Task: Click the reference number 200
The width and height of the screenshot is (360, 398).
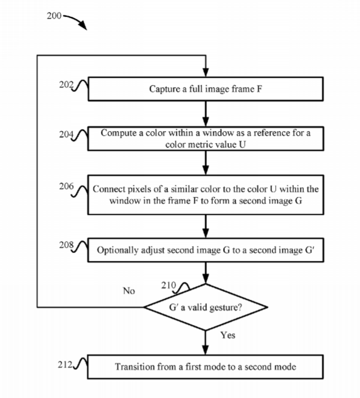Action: [x=54, y=16]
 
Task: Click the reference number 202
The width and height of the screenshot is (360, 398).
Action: [x=66, y=84]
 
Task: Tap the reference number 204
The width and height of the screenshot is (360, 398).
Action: [x=66, y=134]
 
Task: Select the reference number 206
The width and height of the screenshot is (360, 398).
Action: [x=66, y=186]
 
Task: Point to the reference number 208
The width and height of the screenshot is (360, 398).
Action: [x=66, y=245]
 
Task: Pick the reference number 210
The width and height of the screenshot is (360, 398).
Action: [x=169, y=285]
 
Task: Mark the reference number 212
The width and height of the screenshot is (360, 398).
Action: [x=65, y=364]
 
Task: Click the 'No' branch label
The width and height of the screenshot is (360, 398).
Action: [x=129, y=291]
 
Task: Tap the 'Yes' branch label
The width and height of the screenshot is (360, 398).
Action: [x=228, y=335]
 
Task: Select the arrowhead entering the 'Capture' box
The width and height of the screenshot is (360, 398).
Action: [x=206, y=72]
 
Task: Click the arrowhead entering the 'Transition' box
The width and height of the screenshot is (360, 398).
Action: [x=206, y=350]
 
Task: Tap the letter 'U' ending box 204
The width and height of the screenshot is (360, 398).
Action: [x=242, y=144]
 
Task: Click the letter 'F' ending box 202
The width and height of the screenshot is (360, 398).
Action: [x=260, y=89]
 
